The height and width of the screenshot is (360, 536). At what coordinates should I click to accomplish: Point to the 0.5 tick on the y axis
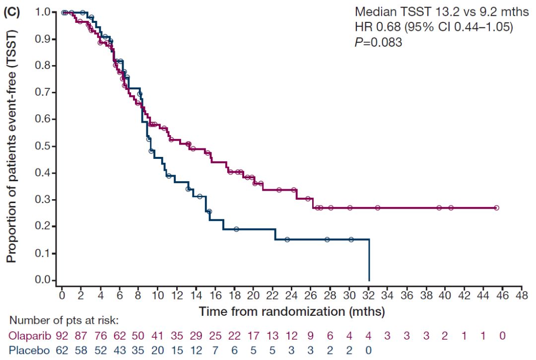point(57,146)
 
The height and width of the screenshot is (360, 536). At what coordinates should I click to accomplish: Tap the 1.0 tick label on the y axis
point(44,12)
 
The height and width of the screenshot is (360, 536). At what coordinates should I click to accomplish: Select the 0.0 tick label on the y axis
point(44,281)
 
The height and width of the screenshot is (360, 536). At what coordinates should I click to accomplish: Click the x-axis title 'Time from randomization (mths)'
point(292,312)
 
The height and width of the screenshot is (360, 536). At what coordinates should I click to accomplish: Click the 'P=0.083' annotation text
point(378,43)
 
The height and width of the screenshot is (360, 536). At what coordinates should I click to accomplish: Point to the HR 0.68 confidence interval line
point(433,27)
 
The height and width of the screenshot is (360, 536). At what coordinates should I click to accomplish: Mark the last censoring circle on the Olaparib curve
point(496,208)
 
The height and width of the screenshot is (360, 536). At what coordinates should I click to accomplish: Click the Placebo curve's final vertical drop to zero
point(369,261)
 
